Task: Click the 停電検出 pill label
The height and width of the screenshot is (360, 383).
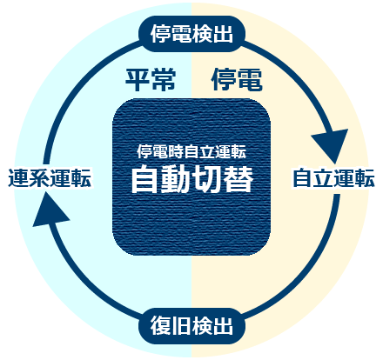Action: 191,34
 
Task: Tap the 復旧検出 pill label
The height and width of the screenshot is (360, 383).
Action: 191,326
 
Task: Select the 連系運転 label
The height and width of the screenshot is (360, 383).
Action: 50,177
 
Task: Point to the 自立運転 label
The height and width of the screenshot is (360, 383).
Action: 333,177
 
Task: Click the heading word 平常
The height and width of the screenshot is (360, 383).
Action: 151,80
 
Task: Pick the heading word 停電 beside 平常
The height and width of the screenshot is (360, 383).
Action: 237,80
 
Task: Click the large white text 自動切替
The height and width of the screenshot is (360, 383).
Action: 191,179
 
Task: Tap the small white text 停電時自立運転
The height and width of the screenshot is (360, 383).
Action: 191,151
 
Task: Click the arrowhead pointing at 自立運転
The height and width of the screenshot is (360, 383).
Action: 333,144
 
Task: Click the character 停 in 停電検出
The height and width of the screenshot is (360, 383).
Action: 160,34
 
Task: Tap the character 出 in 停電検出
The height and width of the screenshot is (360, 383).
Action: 223,34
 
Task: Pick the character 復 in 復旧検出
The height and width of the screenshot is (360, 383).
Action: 160,326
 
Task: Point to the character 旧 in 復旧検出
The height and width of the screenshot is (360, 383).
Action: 181,326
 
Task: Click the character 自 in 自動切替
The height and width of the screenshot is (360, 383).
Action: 144,179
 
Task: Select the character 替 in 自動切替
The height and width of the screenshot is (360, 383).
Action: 239,179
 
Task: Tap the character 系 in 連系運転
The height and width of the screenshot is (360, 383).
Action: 39,177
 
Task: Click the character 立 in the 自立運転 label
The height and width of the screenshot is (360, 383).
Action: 323,177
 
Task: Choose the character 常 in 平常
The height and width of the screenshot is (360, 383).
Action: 164,80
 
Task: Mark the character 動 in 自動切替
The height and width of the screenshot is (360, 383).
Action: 176,179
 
